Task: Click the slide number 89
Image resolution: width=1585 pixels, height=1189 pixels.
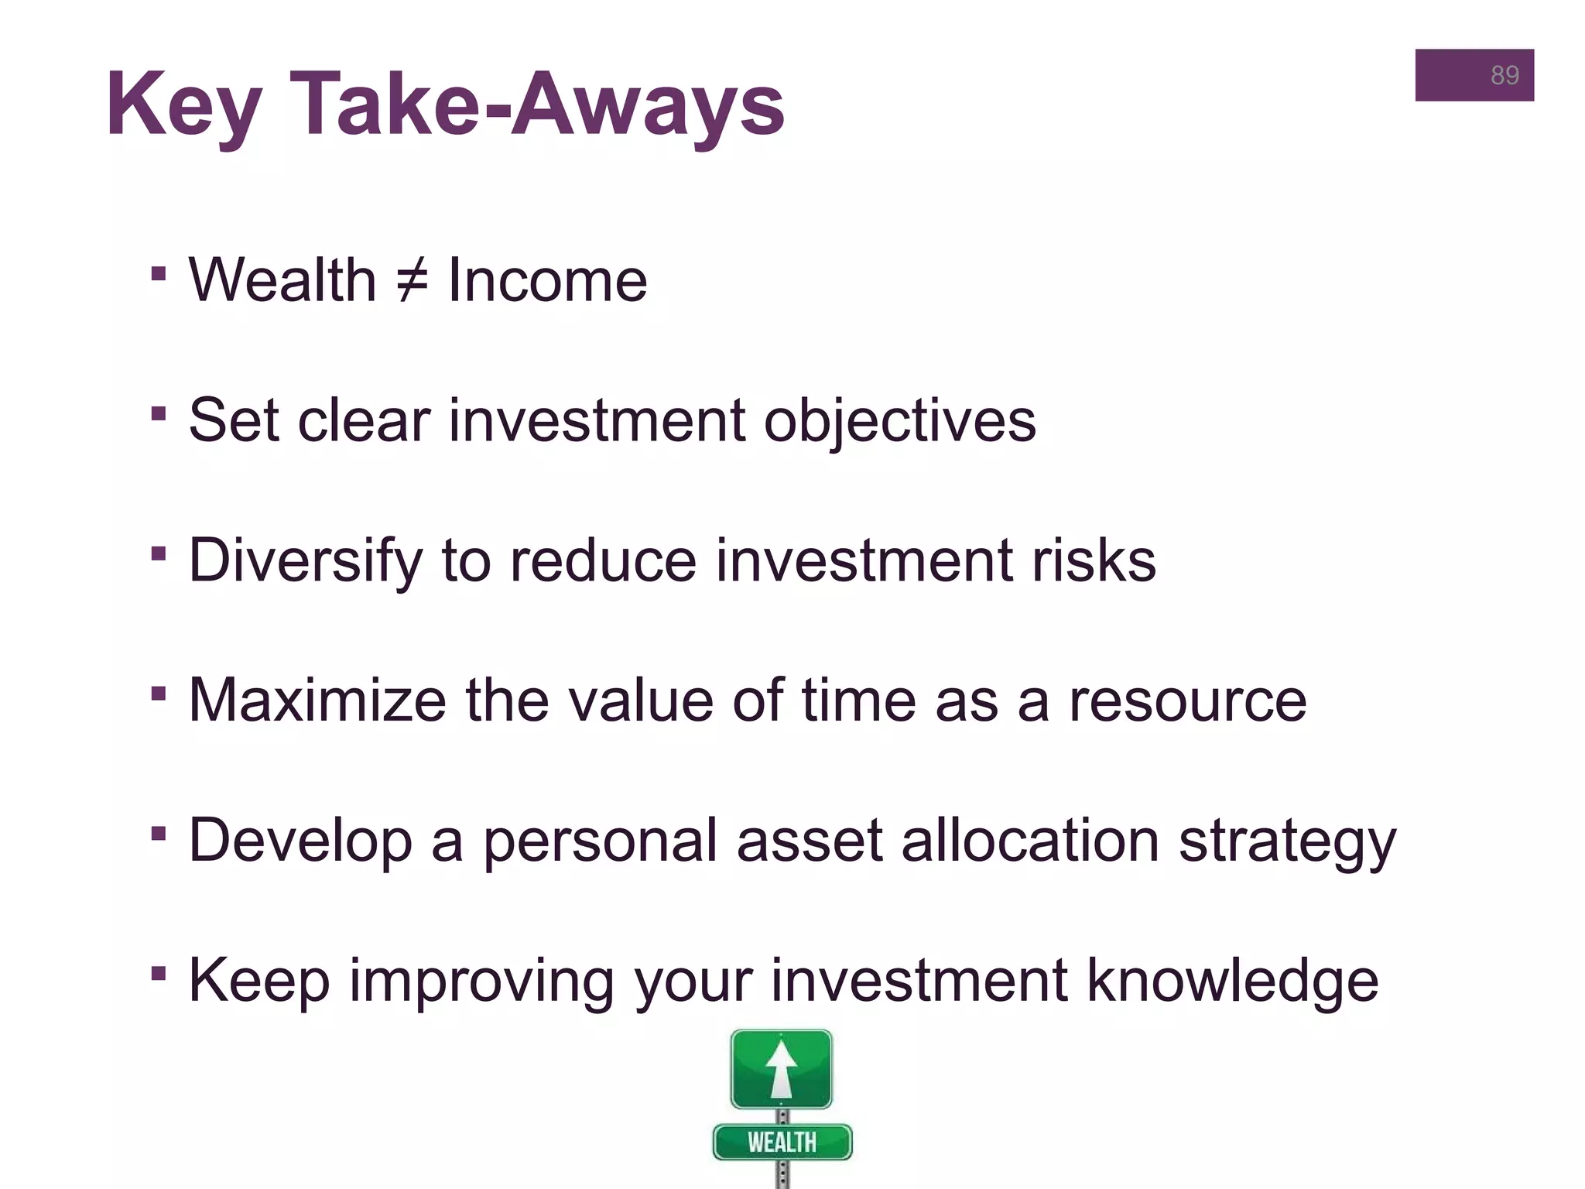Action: click(1504, 75)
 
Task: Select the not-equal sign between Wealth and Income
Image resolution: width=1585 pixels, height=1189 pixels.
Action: click(412, 280)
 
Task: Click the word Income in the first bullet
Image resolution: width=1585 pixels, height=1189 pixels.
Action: click(547, 280)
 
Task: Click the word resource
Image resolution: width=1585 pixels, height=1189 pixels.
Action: click(1187, 701)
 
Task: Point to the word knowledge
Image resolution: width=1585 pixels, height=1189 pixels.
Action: click(1232, 982)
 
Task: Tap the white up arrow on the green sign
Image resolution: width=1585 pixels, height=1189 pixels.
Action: click(781, 1069)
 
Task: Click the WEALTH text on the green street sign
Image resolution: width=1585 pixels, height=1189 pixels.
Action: click(782, 1143)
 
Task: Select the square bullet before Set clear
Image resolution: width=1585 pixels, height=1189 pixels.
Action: click(159, 413)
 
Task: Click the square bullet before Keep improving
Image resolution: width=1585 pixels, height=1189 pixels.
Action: click(159, 973)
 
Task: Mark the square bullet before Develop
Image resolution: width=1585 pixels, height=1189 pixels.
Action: click(159, 834)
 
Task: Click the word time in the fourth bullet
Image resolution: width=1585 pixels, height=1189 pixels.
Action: click(858, 701)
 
